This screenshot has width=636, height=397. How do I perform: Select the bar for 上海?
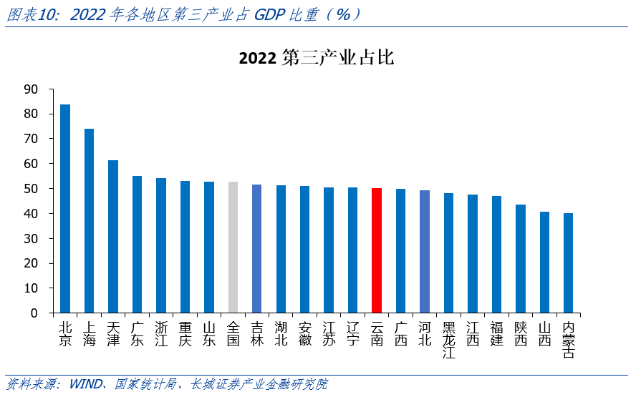[89, 221]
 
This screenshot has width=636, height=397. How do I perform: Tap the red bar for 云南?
[377, 250]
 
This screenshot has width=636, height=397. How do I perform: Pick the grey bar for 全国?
[233, 247]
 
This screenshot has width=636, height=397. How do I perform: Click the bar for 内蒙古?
[568, 263]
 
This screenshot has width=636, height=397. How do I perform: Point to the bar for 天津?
[113, 237]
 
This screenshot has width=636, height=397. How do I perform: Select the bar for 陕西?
[520, 259]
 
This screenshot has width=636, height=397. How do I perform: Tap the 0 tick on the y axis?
[34, 313]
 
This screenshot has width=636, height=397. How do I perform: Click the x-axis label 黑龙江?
[449, 340]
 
